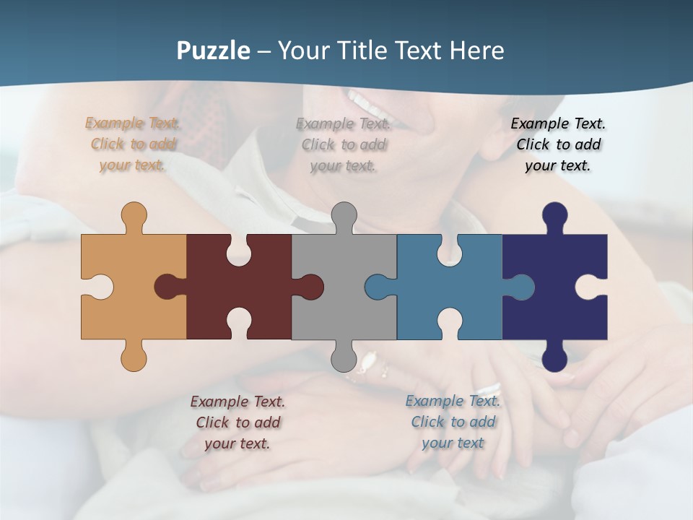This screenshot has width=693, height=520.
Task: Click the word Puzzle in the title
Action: [x=214, y=51]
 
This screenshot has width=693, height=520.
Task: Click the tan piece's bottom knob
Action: [x=134, y=358]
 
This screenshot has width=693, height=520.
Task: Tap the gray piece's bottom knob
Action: [x=344, y=358]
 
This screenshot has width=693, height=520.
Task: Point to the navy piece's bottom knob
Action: [x=554, y=358]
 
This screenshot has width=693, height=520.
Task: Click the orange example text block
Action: [x=133, y=144]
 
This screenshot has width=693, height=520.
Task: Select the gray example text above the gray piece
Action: [x=344, y=144]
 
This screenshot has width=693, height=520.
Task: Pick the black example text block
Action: [x=558, y=144]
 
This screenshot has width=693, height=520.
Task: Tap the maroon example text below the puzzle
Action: [x=237, y=422]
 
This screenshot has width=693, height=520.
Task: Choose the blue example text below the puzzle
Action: [x=453, y=422]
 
